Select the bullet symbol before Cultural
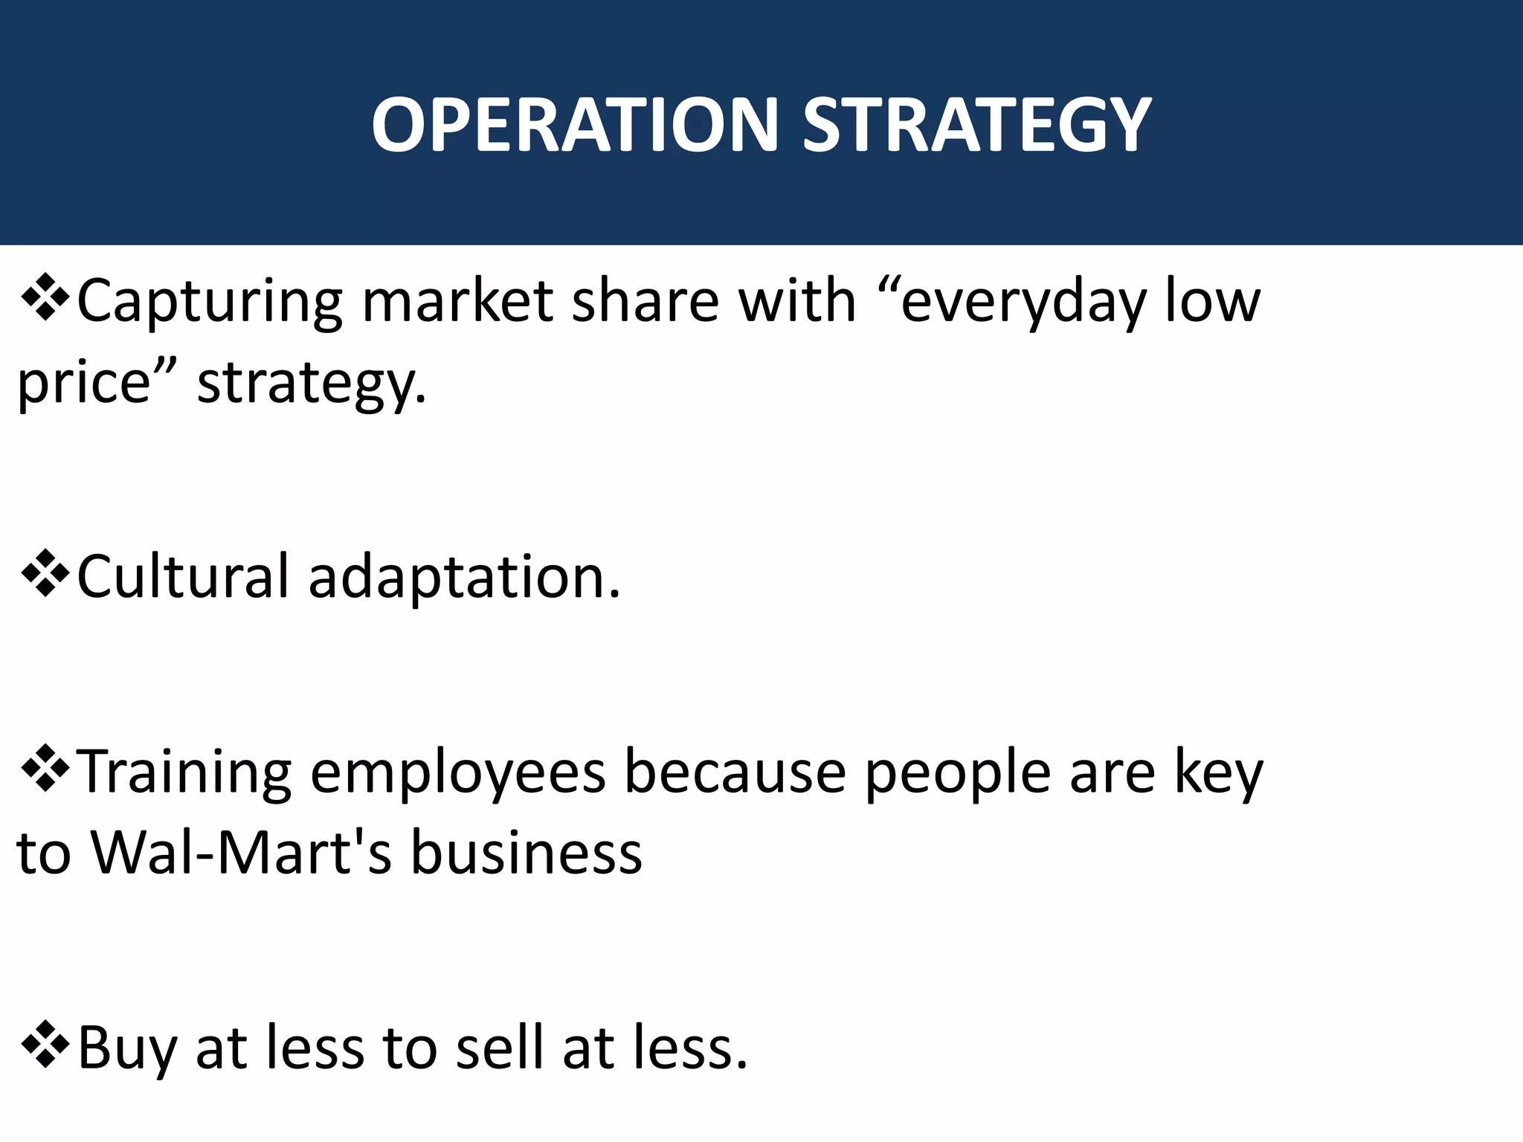[x=45, y=574]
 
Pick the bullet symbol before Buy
[x=45, y=1045]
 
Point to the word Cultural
[x=183, y=577]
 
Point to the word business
[x=527, y=852]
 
